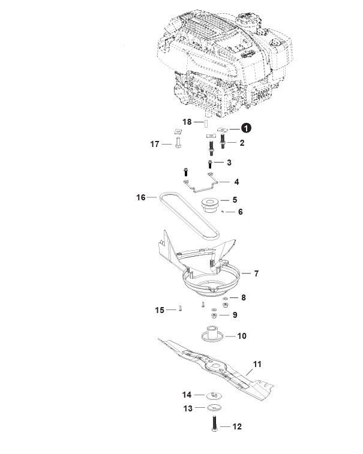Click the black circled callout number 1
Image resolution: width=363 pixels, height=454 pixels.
(x=246, y=128)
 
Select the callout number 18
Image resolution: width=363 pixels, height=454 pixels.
(x=187, y=122)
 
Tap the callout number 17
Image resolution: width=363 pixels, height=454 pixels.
(x=155, y=144)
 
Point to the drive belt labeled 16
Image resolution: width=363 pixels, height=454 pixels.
(x=188, y=216)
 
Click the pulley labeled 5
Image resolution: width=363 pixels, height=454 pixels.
(x=211, y=205)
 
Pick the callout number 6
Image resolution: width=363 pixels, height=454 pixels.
(x=240, y=212)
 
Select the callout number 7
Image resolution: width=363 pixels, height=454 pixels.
(x=256, y=273)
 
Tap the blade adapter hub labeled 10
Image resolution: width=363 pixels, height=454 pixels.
(x=212, y=333)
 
